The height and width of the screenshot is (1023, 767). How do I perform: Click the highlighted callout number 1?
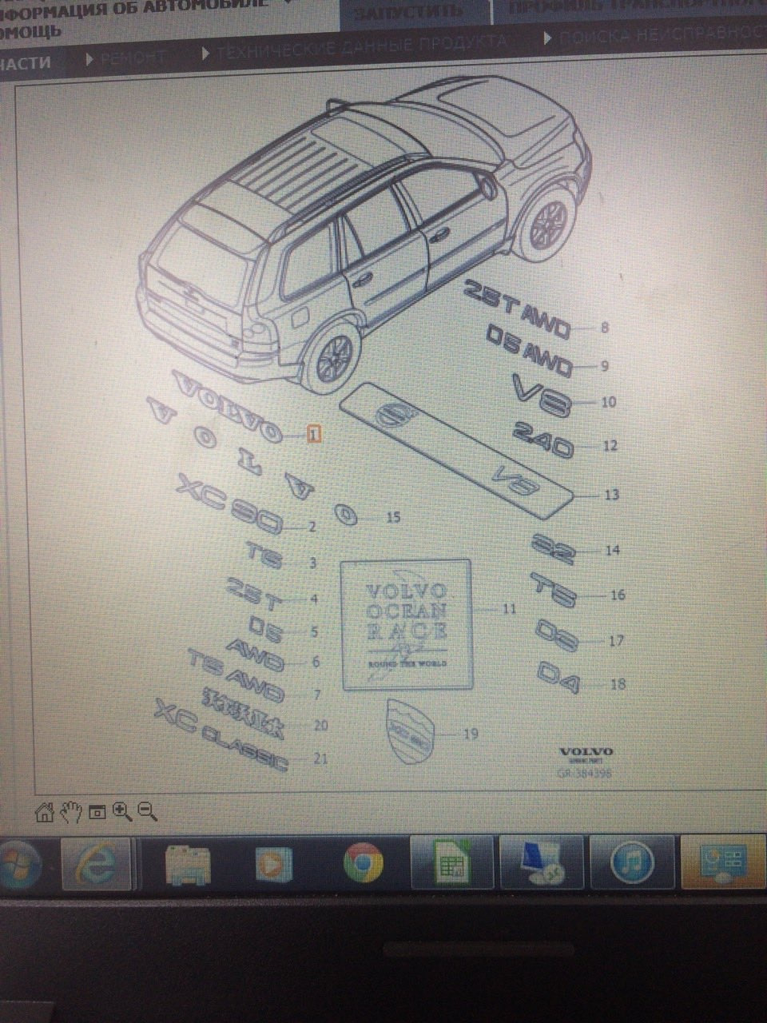pos(314,434)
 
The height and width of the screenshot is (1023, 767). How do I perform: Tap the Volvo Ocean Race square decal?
pos(406,624)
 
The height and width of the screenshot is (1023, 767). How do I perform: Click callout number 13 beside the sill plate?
pos(611,495)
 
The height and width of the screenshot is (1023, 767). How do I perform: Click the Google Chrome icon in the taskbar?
pos(363,863)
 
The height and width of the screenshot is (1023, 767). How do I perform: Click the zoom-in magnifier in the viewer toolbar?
pos(122,812)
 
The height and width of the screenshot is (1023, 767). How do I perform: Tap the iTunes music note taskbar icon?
pos(632,863)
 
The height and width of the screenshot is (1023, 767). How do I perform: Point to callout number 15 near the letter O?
pos(393,518)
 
